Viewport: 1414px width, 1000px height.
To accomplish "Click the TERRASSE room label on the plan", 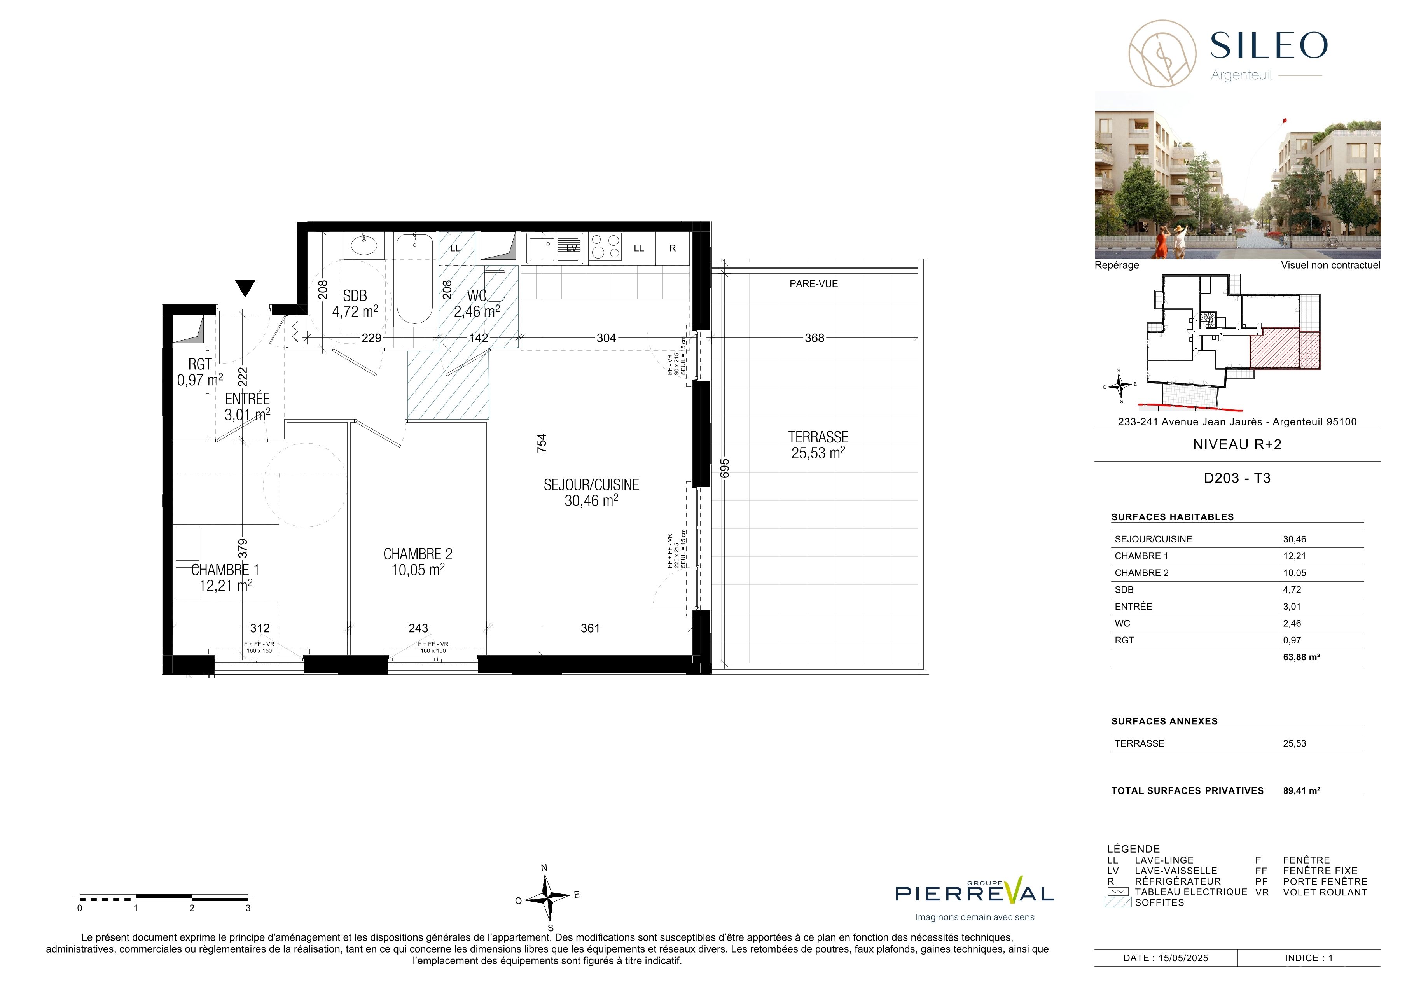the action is pos(818,437).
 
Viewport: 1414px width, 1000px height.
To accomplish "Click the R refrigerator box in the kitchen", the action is pos(673,248).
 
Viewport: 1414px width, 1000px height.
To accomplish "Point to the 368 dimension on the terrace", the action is pos(814,338).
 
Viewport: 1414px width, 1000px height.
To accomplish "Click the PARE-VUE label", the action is pos(814,284).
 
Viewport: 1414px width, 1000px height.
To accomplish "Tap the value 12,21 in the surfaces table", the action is pos(1295,556).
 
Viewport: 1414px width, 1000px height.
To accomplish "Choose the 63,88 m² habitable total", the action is pos(1301,657).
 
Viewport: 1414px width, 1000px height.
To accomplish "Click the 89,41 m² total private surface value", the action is pos(1301,791).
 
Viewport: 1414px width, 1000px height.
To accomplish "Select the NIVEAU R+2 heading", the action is pos(1237,444).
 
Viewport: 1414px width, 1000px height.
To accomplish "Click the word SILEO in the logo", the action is pos(1269,45).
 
